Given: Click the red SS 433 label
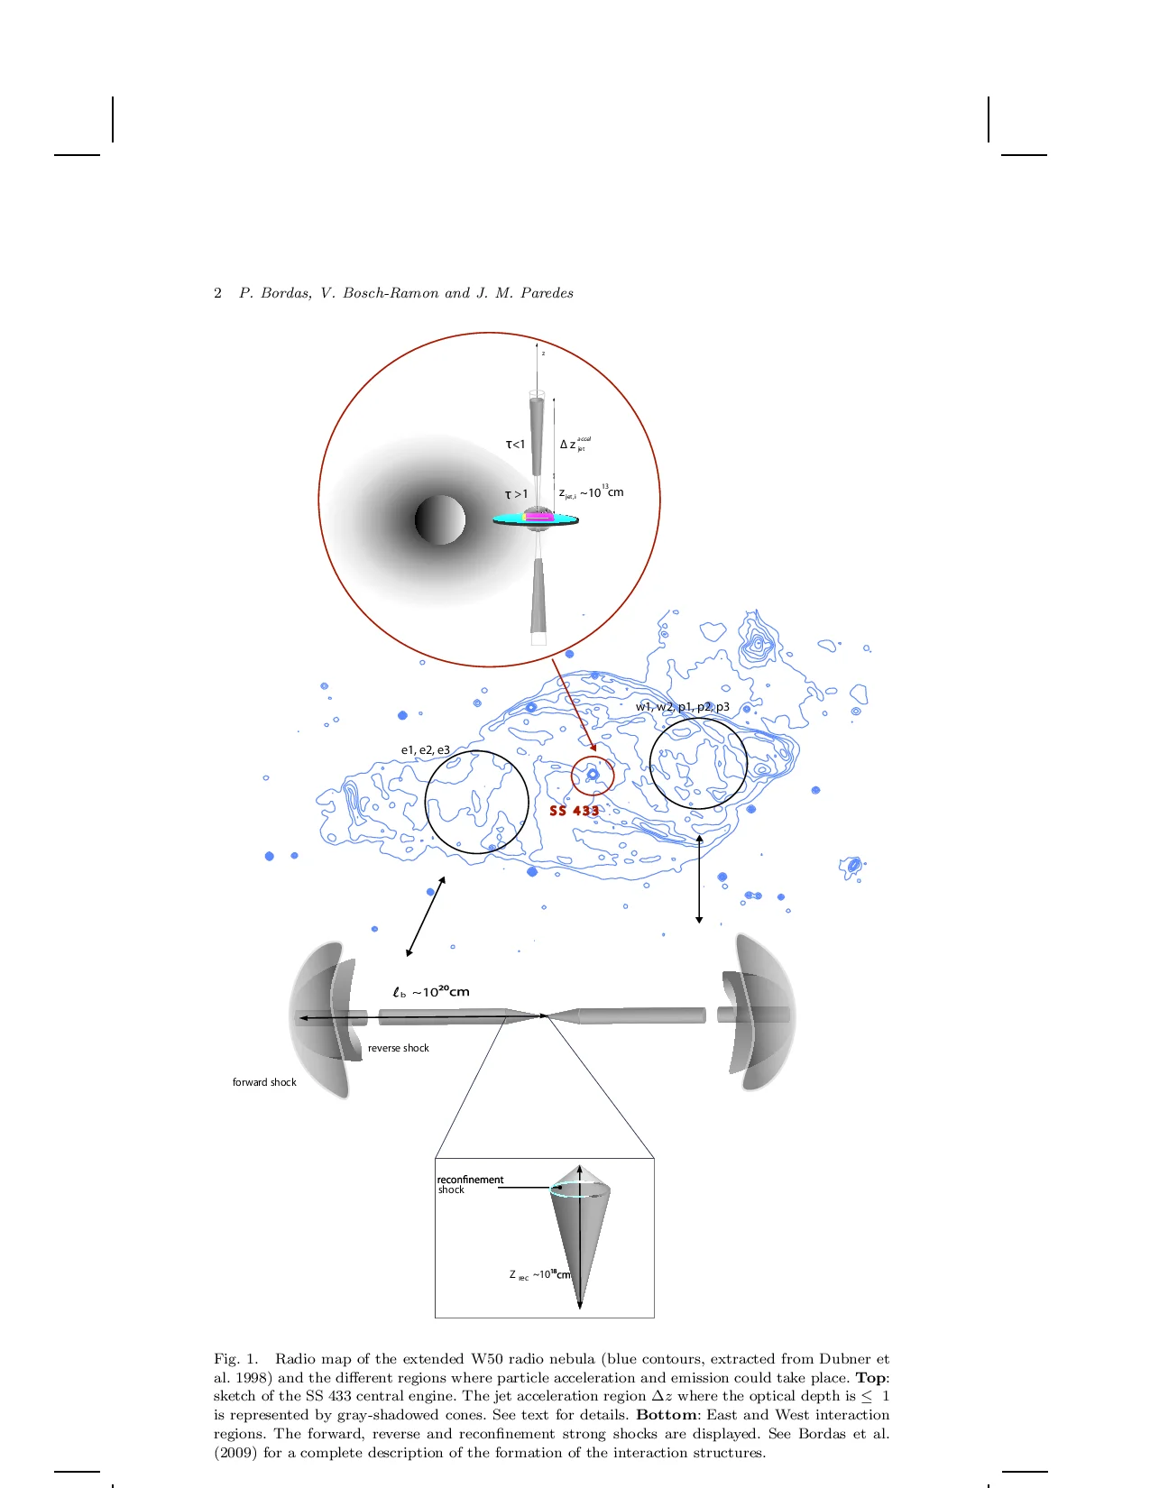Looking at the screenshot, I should pos(574,811).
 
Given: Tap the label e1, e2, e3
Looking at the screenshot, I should pos(425,750).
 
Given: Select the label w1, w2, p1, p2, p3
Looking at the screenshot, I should pos(682,707).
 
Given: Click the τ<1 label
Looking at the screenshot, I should pos(515,445).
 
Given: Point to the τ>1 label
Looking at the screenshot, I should pos(516,494).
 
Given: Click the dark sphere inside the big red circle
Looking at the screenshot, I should pos(440,519).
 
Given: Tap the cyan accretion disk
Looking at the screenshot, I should pos(507,519).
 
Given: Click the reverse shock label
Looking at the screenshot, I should pos(398,1048).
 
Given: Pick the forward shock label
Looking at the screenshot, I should pos(264,1082).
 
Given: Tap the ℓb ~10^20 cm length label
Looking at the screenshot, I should pos(431,992).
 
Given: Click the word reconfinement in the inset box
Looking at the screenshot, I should pos(470,1180).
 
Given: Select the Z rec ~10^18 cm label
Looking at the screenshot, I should pos(539,1275).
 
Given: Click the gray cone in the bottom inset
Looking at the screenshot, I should pos(582,1235).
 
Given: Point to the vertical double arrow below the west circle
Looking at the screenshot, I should pos(699,879).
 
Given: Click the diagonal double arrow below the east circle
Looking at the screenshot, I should pos(426,916).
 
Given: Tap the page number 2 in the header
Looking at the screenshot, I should pos(217,293).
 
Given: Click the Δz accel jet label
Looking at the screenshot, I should pos(572,445).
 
